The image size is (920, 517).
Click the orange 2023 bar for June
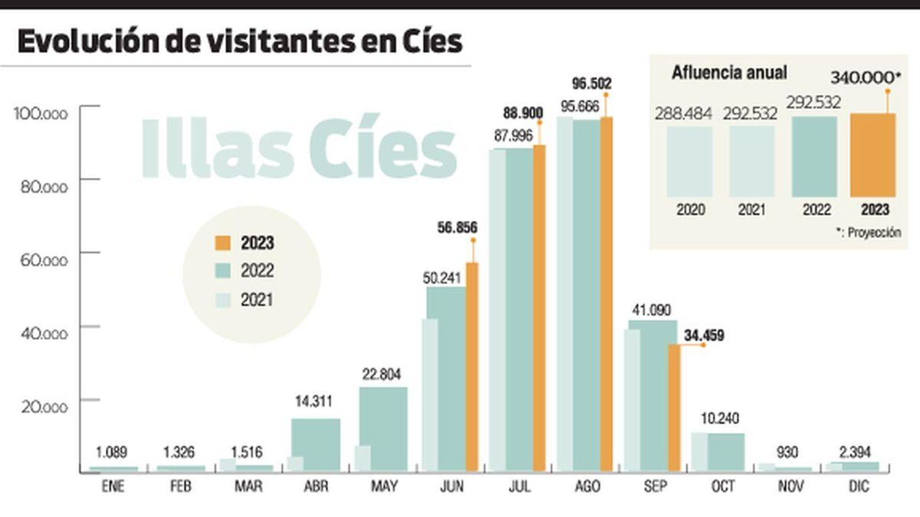coord(471,368)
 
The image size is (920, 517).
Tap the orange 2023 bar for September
coord(674,408)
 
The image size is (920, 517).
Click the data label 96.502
coord(591,84)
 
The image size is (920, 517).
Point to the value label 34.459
coord(704,335)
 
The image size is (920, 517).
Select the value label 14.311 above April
coord(313,402)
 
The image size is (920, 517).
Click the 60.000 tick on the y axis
coord(44,260)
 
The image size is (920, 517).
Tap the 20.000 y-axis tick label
coord(44,407)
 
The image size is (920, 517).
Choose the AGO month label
coord(587,487)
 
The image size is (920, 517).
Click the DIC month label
coord(858,487)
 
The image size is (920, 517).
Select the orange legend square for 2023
coord(223,243)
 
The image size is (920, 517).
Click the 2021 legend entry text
coord(256,300)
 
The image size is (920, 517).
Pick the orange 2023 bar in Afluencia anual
coord(872,155)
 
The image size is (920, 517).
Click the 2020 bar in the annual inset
coord(689,162)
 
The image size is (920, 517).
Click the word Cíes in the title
coord(423,41)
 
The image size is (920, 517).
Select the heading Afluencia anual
coord(729,73)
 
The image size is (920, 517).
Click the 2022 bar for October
coord(726,452)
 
